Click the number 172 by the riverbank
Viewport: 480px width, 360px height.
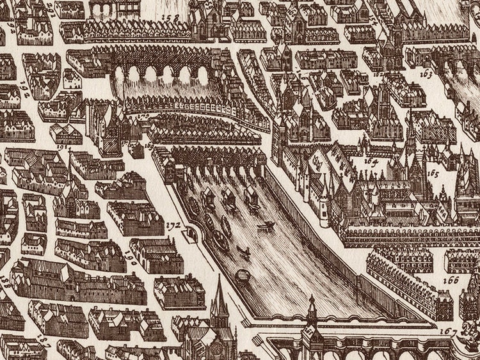click(172, 226)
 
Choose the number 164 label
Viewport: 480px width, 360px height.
click(371, 161)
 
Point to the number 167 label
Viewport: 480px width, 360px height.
click(448, 331)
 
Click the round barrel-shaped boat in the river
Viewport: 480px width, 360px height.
click(242, 276)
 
